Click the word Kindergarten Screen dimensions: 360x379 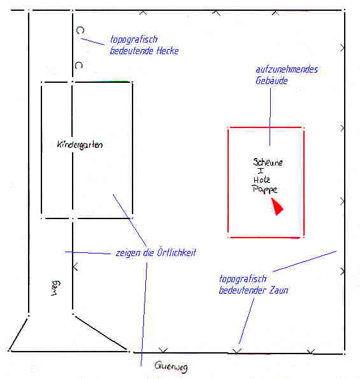[x=80, y=145]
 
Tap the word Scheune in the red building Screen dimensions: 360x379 [x=268, y=162]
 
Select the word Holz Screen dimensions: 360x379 [x=262, y=180]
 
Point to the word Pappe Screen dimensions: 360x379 [x=264, y=189]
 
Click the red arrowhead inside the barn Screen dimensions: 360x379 [x=277, y=206]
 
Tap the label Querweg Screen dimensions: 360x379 [x=171, y=367]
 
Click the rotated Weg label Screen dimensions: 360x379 [x=55, y=288]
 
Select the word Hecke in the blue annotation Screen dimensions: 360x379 [x=168, y=51]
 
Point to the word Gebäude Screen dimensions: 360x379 [x=271, y=80]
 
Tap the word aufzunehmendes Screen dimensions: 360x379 [x=287, y=69]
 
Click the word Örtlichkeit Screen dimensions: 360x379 [x=176, y=253]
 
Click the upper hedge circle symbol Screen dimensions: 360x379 [x=80, y=30]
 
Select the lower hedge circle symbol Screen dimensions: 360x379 [x=79, y=65]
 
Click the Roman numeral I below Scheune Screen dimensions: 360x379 [x=261, y=171]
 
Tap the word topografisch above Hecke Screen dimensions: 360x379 [x=134, y=39]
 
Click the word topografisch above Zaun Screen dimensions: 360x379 [x=243, y=279]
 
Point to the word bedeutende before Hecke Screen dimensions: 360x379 [x=131, y=51]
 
